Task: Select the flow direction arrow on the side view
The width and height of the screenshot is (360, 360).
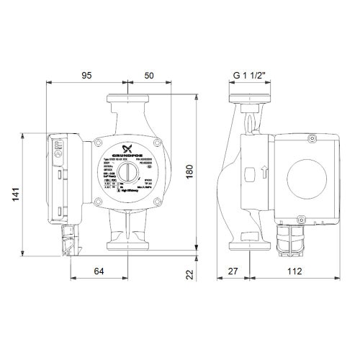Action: pyautogui.click(x=264, y=174)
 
